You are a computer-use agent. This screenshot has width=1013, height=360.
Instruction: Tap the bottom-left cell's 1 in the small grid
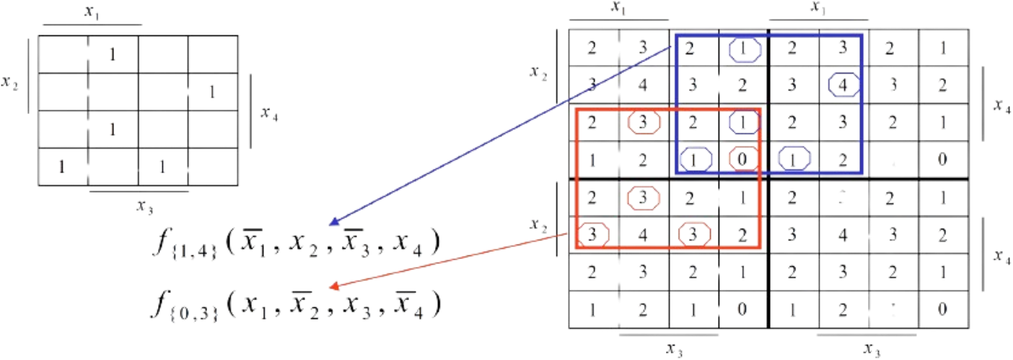[62, 167]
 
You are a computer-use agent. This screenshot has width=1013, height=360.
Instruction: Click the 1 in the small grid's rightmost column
[211, 92]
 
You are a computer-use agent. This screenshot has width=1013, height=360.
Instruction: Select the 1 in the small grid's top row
[113, 54]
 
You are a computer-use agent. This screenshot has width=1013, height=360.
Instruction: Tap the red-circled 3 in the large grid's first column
[592, 234]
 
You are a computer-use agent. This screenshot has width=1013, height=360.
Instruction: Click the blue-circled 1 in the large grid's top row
[744, 49]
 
